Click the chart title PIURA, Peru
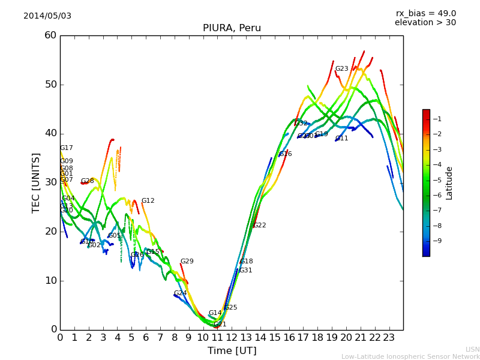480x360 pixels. [x=232, y=28]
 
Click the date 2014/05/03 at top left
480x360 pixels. [x=47, y=16]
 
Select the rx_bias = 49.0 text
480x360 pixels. [x=425, y=13]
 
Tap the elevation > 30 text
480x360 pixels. [x=425, y=23]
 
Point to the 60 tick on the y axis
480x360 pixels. [x=50, y=35]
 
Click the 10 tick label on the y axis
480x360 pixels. [x=50, y=280]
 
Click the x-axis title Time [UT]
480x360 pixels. [x=232, y=350]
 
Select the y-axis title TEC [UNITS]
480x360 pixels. [x=36, y=182]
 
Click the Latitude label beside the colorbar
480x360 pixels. [x=449, y=183]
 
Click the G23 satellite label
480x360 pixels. [x=341, y=69]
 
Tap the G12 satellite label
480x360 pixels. [x=148, y=201]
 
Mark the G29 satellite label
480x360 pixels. [x=187, y=262]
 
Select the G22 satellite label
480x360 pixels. [x=259, y=226]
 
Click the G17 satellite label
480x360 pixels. [x=66, y=148]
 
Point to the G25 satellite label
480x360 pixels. [x=230, y=308]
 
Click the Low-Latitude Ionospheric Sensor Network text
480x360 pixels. [x=410, y=356]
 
